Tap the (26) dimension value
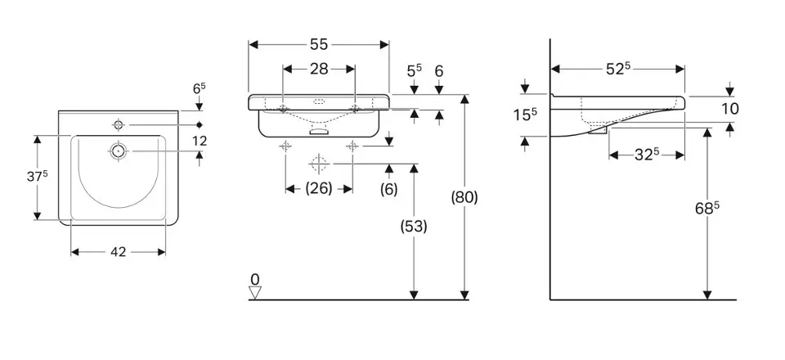[318, 189]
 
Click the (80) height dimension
[464, 197]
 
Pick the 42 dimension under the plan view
[119, 252]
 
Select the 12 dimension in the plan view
[200, 141]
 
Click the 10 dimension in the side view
[730, 108]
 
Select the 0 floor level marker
[254, 280]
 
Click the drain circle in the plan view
[119, 151]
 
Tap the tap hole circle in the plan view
[119, 124]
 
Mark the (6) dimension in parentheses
[389, 189]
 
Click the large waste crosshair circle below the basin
[319, 164]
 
